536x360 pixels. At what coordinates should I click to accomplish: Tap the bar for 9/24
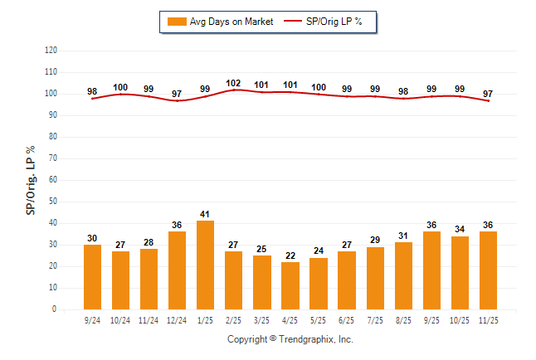click(92, 277)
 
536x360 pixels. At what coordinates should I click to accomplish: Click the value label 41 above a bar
click(205, 214)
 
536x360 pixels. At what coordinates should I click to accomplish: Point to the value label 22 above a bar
click(290, 255)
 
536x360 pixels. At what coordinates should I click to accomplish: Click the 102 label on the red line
click(234, 83)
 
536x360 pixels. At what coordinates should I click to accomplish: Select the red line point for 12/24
click(177, 101)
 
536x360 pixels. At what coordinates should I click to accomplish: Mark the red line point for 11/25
click(488, 101)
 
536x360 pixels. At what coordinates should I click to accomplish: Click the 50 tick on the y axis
click(53, 202)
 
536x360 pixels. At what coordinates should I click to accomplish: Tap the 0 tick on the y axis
click(55, 309)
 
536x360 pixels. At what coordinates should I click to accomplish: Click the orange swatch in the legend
click(176, 21)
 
